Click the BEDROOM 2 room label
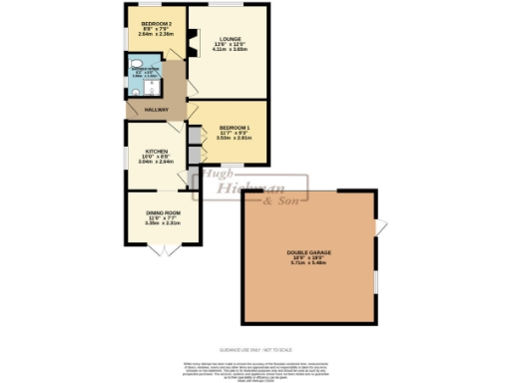coord(157,23)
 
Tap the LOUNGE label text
coord(231,39)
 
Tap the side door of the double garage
coord(380,228)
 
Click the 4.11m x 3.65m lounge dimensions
coord(231,50)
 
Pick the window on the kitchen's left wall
coord(126,156)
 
